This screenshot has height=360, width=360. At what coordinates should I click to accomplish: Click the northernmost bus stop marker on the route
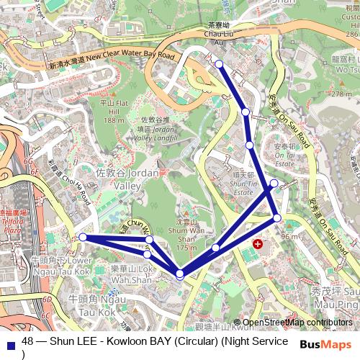pyautogui.click(x=219, y=64)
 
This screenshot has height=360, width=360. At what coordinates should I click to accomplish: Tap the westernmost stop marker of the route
pyautogui.click(x=83, y=237)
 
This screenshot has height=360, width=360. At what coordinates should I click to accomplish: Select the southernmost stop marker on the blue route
pyautogui.click(x=179, y=273)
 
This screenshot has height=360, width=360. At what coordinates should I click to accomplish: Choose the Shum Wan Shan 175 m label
pyautogui.click(x=186, y=236)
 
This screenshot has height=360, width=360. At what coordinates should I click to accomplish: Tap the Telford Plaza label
pyautogui.click(x=13, y=225)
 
